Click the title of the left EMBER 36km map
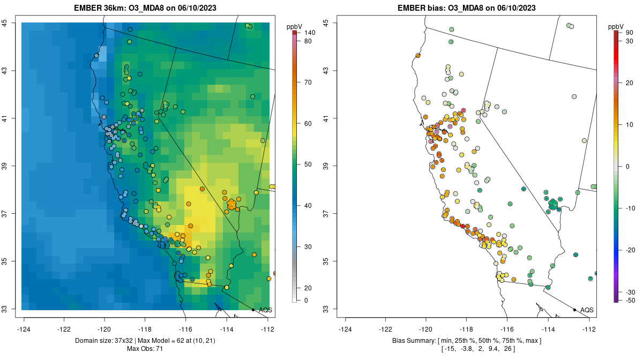[x=148, y=8]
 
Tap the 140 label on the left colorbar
[x=309, y=33]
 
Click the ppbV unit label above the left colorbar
[x=294, y=26]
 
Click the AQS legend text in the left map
[x=265, y=310]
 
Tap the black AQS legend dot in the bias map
[x=574, y=310]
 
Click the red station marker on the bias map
[x=463, y=226]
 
